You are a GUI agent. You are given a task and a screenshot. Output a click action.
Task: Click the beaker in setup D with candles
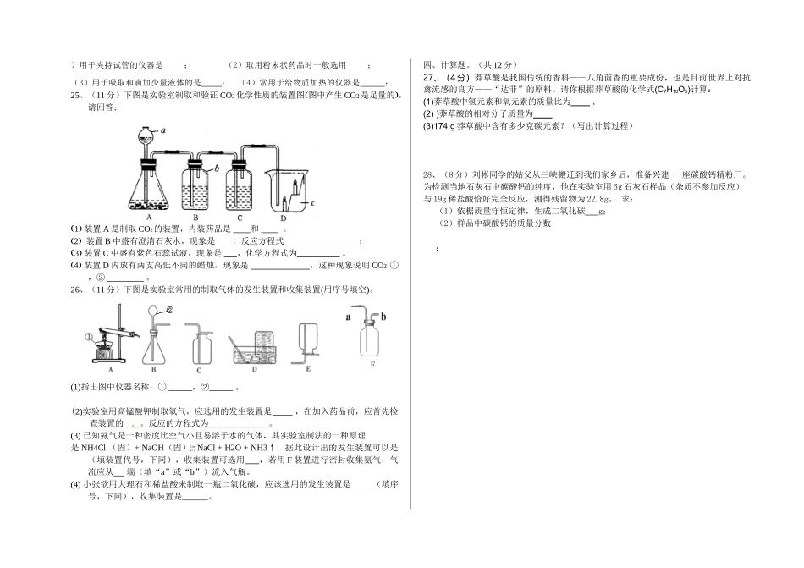click(287, 190)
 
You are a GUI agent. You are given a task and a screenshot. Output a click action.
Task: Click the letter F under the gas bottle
click(372, 366)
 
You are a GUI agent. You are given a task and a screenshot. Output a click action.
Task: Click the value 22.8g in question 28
click(592, 198)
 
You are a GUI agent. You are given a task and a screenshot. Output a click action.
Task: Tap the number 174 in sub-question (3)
click(443, 126)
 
